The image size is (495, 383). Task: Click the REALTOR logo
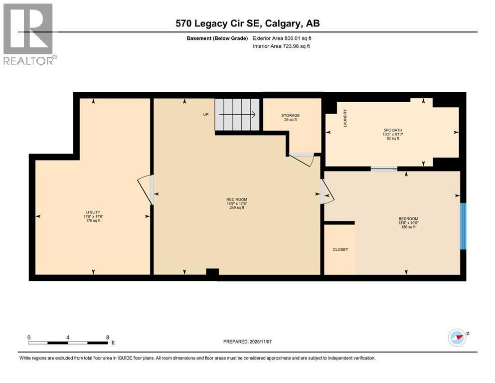(x=30, y=34)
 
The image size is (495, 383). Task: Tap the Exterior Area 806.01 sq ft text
(x=282, y=38)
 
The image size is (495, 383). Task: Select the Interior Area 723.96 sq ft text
(x=281, y=46)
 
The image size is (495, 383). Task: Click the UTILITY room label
(x=93, y=212)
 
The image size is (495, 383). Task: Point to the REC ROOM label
(x=237, y=199)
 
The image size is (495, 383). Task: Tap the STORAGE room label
(x=291, y=116)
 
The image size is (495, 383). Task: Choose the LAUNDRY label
(x=345, y=118)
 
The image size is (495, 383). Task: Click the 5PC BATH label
(x=393, y=130)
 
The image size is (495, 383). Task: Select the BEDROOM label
(x=408, y=219)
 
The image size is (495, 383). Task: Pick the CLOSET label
(x=340, y=249)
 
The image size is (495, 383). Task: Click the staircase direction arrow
(x=237, y=115)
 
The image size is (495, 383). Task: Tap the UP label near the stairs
(x=206, y=115)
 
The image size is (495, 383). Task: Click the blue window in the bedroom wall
(x=463, y=226)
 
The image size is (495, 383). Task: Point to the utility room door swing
(x=145, y=190)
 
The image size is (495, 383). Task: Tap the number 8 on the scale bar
(x=108, y=337)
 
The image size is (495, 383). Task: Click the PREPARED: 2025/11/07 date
(x=247, y=342)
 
